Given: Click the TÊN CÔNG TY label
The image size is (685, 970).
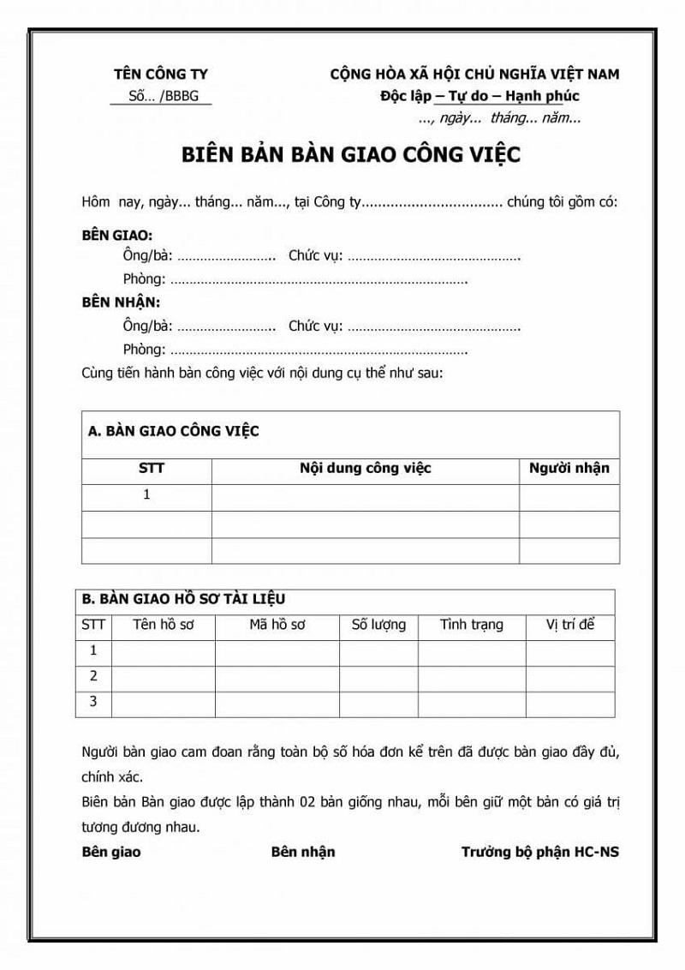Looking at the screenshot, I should [x=161, y=75].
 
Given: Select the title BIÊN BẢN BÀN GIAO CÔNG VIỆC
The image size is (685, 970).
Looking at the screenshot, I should [x=351, y=155].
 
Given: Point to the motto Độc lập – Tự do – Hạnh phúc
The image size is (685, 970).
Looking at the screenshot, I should [x=479, y=96].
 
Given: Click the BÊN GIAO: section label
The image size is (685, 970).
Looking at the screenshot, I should [x=117, y=234].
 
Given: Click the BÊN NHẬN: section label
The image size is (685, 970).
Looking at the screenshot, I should [x=121, y=302].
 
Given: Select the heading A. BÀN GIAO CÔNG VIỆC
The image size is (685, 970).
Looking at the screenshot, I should [x=174, y=431].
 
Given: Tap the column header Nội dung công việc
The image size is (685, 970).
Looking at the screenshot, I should [x=365, y=468].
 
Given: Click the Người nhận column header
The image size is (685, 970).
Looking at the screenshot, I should [x=569, y=468].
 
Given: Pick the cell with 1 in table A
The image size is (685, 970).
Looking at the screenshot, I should [x=146, y=494].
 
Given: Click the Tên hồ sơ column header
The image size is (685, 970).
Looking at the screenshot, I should [x=164, y=625].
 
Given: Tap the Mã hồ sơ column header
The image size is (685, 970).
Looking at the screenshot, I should [x=277, y=625].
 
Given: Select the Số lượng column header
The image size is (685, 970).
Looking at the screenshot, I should [x=378, y=625].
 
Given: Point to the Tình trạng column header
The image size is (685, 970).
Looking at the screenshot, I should [x=472, y=625].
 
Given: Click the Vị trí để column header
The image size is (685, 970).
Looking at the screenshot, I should [x=570, y=625].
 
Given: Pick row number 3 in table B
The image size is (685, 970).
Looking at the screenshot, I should [x=93, y=702].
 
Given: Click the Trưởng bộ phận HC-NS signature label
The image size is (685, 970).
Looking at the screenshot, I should [x=539, y=852].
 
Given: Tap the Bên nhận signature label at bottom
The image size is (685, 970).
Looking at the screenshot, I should [x=303, y=852].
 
